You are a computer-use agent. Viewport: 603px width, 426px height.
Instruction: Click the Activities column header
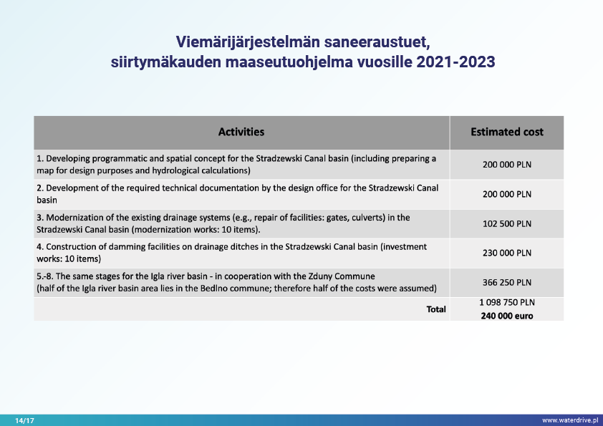(241, 132)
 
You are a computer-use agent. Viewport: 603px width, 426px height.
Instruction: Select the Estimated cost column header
(506, 132)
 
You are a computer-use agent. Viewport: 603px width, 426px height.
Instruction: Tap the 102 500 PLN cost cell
(506, 223)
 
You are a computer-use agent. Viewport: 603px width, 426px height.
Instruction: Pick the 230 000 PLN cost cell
(506, 253)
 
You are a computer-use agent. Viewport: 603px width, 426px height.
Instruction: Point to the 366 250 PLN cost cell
(506, 282)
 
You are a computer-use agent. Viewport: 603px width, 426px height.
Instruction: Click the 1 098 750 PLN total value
(506, 303)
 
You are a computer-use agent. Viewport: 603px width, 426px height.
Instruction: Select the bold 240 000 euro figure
(506, 315)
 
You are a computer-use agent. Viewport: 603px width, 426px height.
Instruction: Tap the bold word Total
(436, 309)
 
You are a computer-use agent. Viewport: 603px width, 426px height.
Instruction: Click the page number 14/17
(24, 420)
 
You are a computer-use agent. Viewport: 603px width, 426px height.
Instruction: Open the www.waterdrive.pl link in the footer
(569, 420)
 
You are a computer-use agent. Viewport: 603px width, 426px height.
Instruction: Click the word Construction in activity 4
(67, 246)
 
